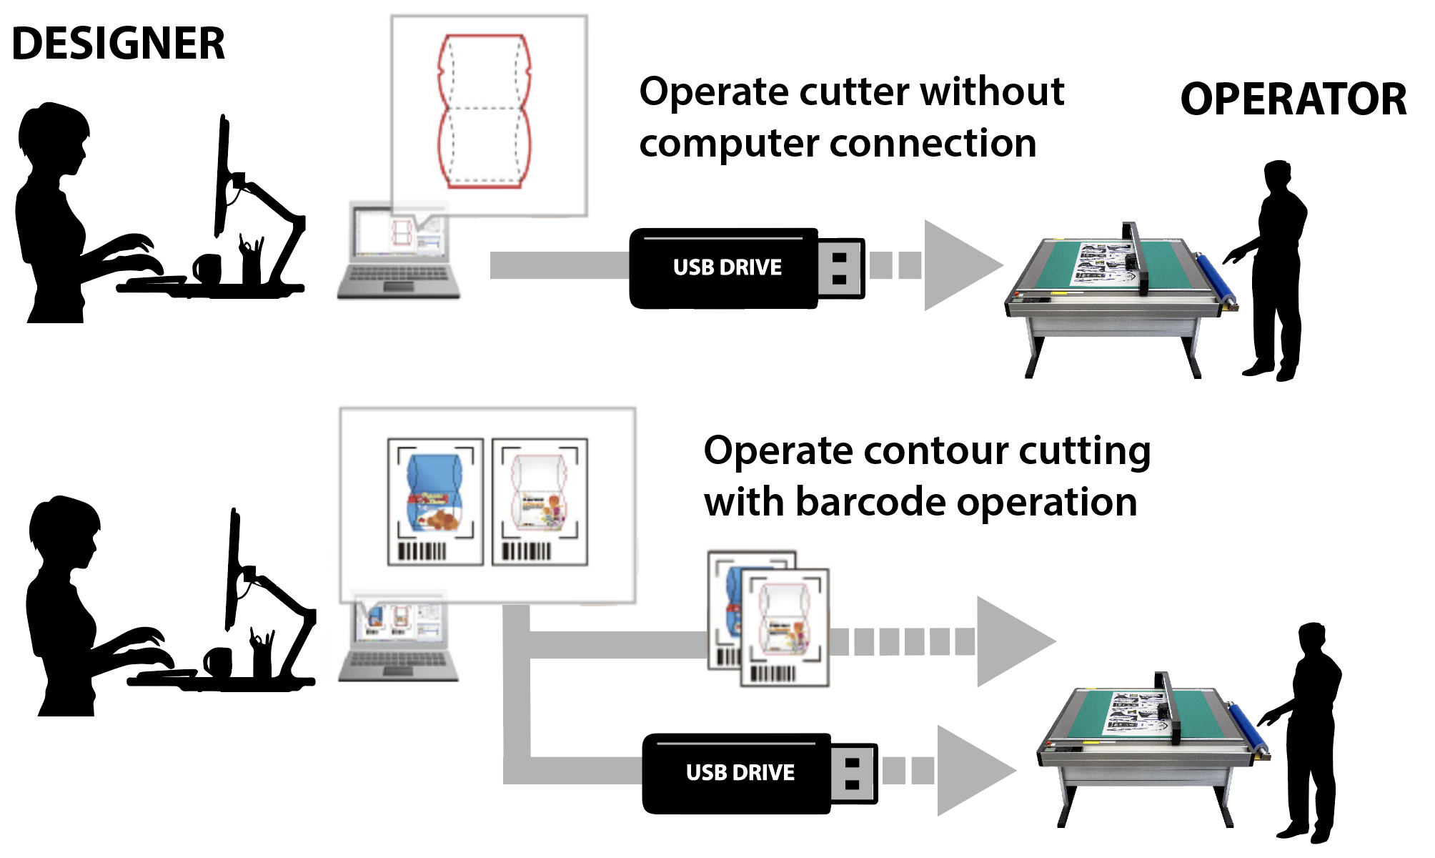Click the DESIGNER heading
[118, 44]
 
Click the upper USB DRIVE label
[727, 267]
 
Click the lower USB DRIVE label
[740, 773]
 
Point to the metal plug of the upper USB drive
[840, 268]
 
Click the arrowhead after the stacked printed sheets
[1012, 641]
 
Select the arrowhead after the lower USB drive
[972, 771]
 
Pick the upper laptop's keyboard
[397, 275]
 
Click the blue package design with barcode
[434, 493]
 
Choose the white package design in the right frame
[540, 493]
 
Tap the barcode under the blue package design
[422, 551]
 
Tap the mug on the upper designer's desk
[208, 268]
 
